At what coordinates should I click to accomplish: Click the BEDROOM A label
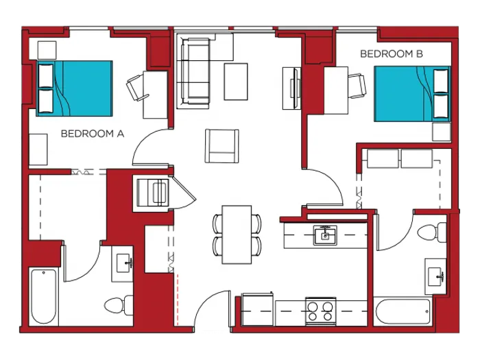click(x=92, y=134)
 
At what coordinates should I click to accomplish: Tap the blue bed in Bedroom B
click(x=411, y=94)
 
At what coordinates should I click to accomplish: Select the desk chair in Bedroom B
click(x=357, y=85)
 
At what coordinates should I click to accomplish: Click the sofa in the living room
click(x=194, y=72)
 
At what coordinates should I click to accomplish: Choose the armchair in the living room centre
click(x=222, y=145)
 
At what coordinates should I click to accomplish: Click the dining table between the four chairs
click(x=237, y=235)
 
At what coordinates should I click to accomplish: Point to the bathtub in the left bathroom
click(x=43, y=297)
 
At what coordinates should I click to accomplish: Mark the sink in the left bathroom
click(x=124, y=261)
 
